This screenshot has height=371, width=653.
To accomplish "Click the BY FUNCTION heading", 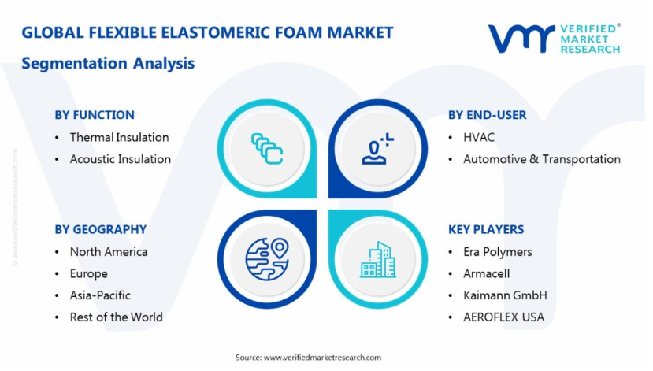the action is click(95, 115).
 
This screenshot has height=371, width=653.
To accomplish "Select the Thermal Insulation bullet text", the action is click(119, 137).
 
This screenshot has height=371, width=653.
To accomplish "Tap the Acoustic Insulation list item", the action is click(121, 159).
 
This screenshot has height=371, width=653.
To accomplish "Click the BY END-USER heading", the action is click(488, 115).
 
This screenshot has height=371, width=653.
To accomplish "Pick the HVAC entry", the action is click(479, 137).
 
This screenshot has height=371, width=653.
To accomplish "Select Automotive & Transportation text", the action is click(542, 159).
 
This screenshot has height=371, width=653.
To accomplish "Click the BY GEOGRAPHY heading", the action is click(100, 229).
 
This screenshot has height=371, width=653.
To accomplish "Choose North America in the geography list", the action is click(109, 252).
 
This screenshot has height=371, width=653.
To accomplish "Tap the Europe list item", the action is click(89, 274).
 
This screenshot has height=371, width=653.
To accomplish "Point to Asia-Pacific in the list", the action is click(100, 295).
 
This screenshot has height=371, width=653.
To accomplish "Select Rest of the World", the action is click(117, 317).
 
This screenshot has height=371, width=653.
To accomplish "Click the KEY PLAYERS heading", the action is click(486, 229).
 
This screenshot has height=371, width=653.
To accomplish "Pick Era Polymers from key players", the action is click(498, 252).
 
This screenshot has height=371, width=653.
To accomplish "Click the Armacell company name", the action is click(487, 273).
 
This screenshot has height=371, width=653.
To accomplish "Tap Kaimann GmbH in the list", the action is click(505, 295).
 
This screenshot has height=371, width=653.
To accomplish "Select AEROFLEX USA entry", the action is click(503, 317).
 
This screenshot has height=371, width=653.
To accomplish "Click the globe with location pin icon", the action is click(267, 259).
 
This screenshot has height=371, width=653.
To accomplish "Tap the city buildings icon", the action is click(378, 259).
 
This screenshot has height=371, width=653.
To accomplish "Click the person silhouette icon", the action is click(377, 149).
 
